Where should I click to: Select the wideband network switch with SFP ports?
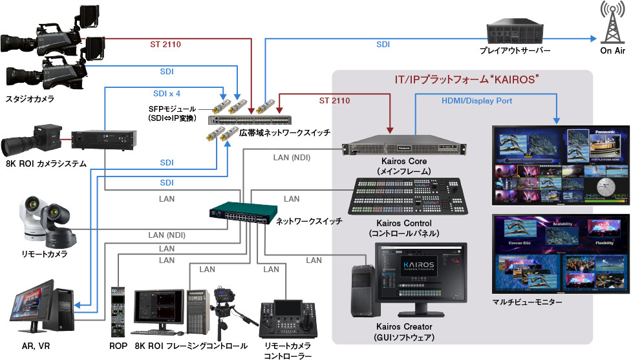pos(250,120)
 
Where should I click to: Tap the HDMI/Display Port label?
pos(476,100)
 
